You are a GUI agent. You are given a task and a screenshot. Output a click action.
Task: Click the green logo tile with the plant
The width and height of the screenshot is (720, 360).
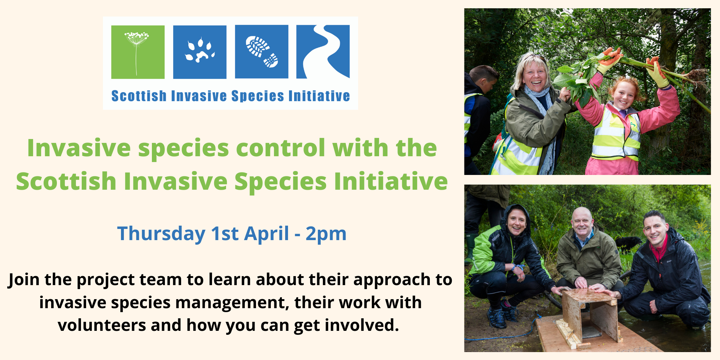[138, 52]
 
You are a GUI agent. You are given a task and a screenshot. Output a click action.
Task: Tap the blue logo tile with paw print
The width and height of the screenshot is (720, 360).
[200, 52]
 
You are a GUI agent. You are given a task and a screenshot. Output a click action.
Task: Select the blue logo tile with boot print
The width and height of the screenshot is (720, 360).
[262, 51]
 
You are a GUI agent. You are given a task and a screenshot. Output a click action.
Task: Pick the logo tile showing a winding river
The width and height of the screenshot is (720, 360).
[323, 51]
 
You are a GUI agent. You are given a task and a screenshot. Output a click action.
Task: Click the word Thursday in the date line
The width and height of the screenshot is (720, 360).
[161, 234]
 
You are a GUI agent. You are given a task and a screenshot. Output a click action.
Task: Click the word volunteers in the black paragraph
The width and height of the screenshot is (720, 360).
[102, 325]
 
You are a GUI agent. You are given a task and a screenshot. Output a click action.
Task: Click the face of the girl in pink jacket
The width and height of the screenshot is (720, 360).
[624, 95]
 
